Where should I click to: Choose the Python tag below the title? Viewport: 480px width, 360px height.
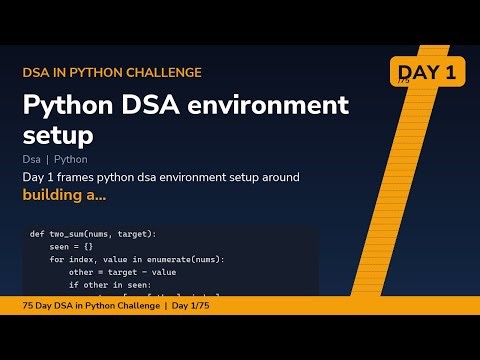tap(71, 159)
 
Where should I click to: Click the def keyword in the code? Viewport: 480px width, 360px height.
tap(36, 233)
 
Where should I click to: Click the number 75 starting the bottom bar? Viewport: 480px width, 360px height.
tap(28, 305)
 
